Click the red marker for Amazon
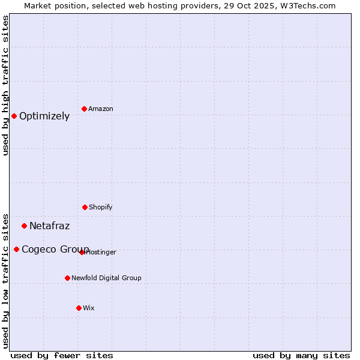coord(84,109)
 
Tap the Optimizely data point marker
coord(14,116)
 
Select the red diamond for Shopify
coord(85,207)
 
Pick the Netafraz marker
coord(24,226)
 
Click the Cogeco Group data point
coord(16,249)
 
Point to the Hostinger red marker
coord(82,252)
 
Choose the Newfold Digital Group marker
coord(67,278)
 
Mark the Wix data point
coord(79,308)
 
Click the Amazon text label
coord(101,109)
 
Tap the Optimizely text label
coord(44,116)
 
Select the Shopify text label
coord(101,207)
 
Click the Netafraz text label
coord(49,226)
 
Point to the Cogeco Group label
coord(55,249)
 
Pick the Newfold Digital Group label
coord(106,278)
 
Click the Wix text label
coord(89,308)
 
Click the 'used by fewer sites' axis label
coord(62,355)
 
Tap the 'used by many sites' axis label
coord(301,355)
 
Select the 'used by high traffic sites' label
coord(5,85)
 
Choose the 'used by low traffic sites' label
coord(5,280)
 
